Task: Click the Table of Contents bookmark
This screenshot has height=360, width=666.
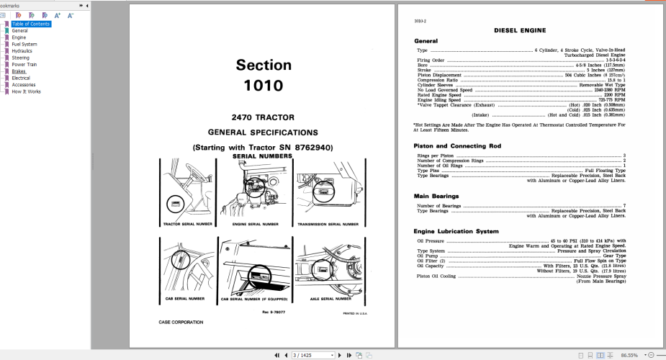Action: click(x=30, y=24)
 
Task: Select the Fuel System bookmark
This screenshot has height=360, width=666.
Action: click(x=24, y=44)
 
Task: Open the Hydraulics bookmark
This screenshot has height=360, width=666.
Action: click(x=22, y=51)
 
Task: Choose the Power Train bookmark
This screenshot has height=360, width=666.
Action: click(x=24, y=65)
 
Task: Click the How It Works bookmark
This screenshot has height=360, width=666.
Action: click(x=26, y=91)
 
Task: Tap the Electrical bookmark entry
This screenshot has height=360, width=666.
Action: click(x=21, y=78)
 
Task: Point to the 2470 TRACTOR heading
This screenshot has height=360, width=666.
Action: click(x=263, y=117)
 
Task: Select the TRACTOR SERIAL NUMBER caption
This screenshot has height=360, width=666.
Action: click(x=187, y=224)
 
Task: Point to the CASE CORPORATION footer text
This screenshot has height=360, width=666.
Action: click(x=181, y=322)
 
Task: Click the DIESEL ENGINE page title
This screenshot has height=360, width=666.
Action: click(x=519, y=30)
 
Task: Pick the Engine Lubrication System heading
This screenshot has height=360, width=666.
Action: click(x=456, y=231)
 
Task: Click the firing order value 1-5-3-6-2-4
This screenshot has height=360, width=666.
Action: click(x=613, y=60)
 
